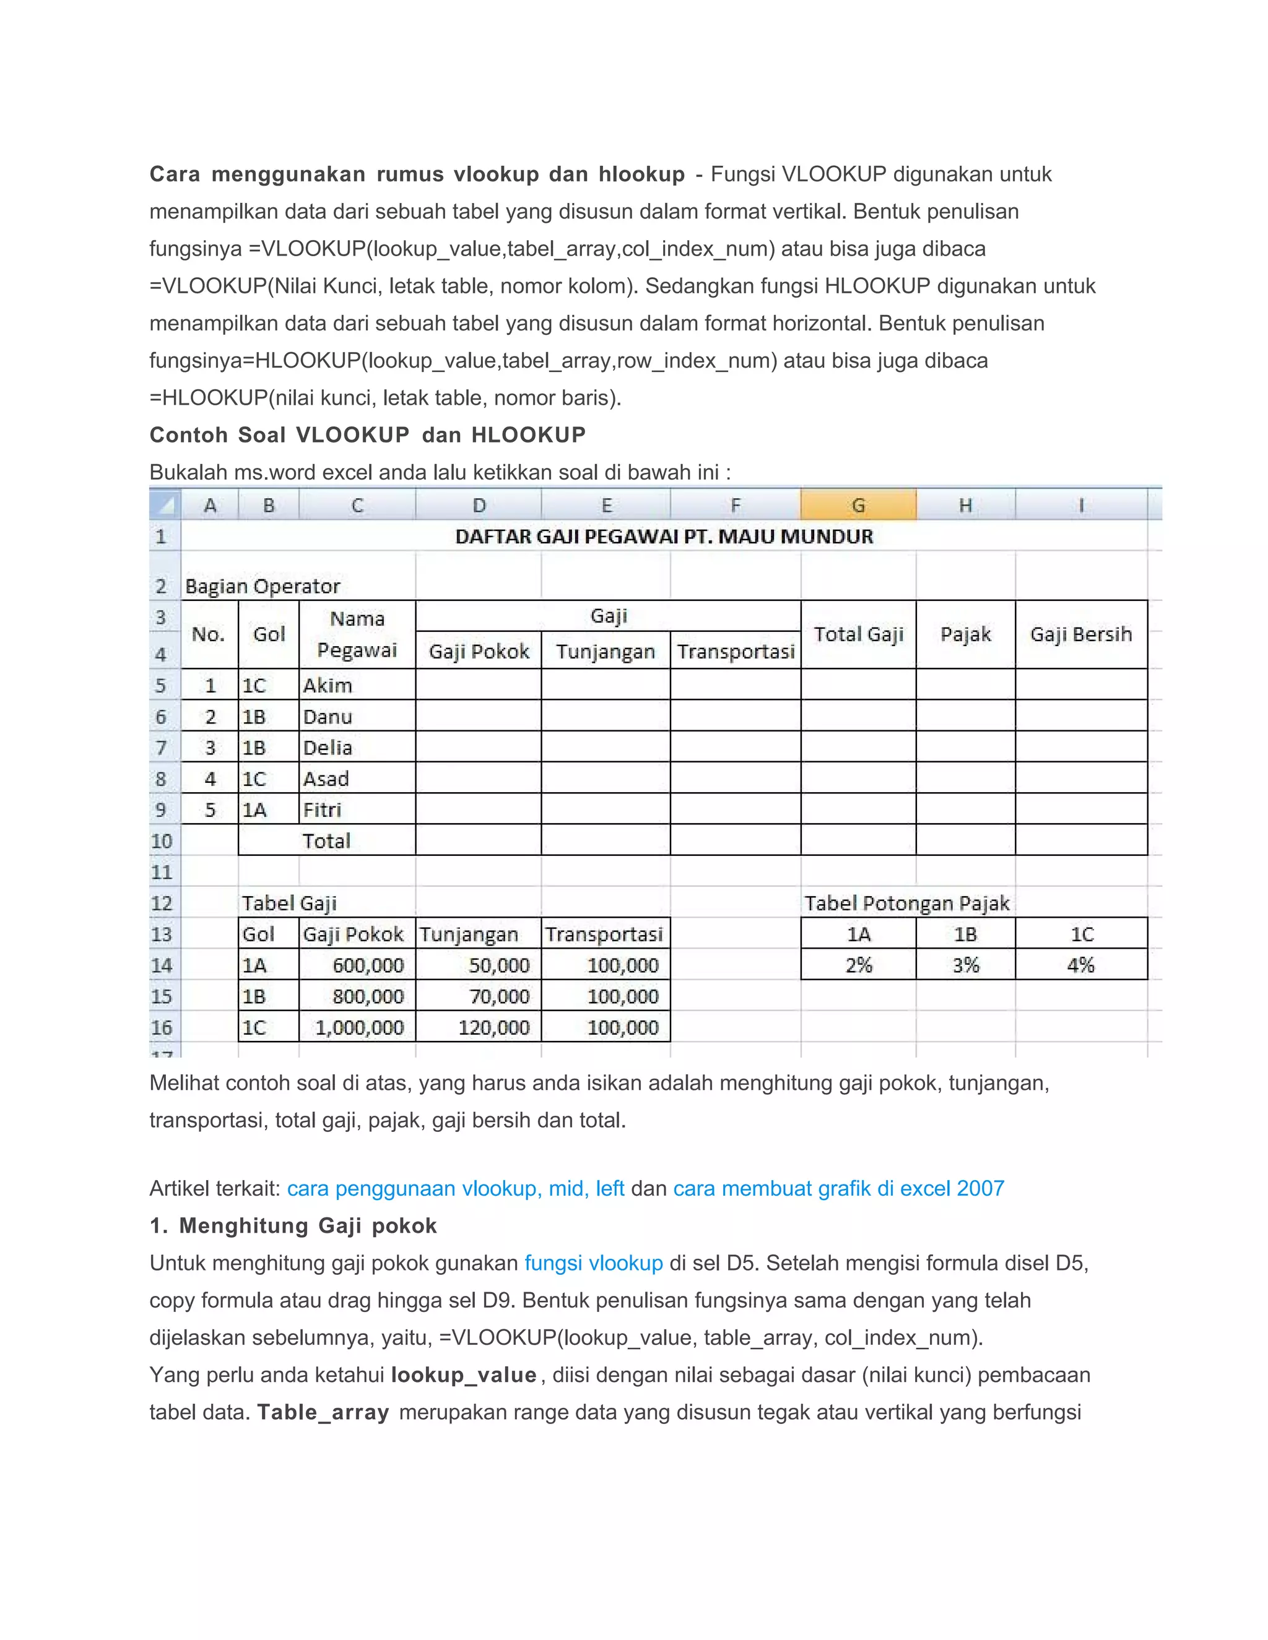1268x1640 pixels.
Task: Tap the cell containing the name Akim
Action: click(x=328, y=686)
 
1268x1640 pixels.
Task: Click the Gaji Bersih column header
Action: click(x=1080, y=634)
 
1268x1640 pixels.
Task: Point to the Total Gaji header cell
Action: click(x=858, y=634)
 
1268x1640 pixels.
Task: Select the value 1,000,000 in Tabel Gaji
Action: click(x=359, y=1027)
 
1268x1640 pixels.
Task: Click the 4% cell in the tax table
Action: click(x=1080, y=965)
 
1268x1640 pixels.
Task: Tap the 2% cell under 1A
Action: click(x=858, y=965)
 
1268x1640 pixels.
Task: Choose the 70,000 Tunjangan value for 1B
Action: click(x=499, y=996)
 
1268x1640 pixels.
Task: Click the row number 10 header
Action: click(x=162, y=841)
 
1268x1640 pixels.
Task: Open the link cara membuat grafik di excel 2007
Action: click(x=838, y=1189)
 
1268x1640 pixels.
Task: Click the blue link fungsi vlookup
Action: click(x=593, y=1263)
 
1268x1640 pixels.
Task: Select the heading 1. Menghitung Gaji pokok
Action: click(x=293, y=1226)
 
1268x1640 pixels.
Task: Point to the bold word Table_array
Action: click(x=323, y=1412)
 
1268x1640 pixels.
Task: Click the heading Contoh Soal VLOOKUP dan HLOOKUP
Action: click(x=367, y=435)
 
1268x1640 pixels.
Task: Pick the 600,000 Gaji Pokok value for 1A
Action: click(x=368, y=965)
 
